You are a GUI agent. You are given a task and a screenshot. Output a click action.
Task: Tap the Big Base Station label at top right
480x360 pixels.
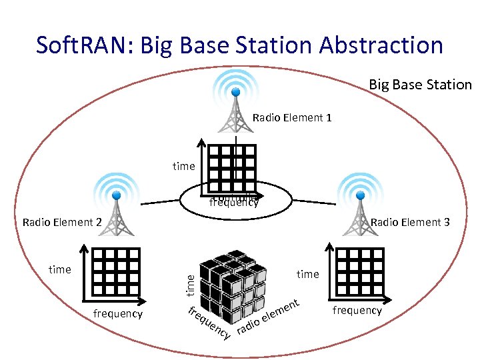click(x=420, y=85)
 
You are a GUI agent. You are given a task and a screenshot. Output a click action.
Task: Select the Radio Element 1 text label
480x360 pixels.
click(x=292, y=118)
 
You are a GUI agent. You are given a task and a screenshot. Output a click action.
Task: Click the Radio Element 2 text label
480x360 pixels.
click(x=61, y=222)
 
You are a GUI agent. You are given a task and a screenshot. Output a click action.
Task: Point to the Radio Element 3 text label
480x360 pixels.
click(x=410, y=222)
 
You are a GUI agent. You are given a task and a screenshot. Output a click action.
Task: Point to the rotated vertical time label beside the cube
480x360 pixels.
click(x=191, y=285)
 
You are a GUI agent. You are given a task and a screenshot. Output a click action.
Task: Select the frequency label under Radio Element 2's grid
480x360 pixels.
click(x=117, y=313)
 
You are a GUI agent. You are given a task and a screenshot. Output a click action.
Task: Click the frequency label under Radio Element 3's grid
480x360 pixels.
click(x=357, y=310)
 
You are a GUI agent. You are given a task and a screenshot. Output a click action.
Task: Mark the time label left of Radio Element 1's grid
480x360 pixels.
click(x=183, y=166)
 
